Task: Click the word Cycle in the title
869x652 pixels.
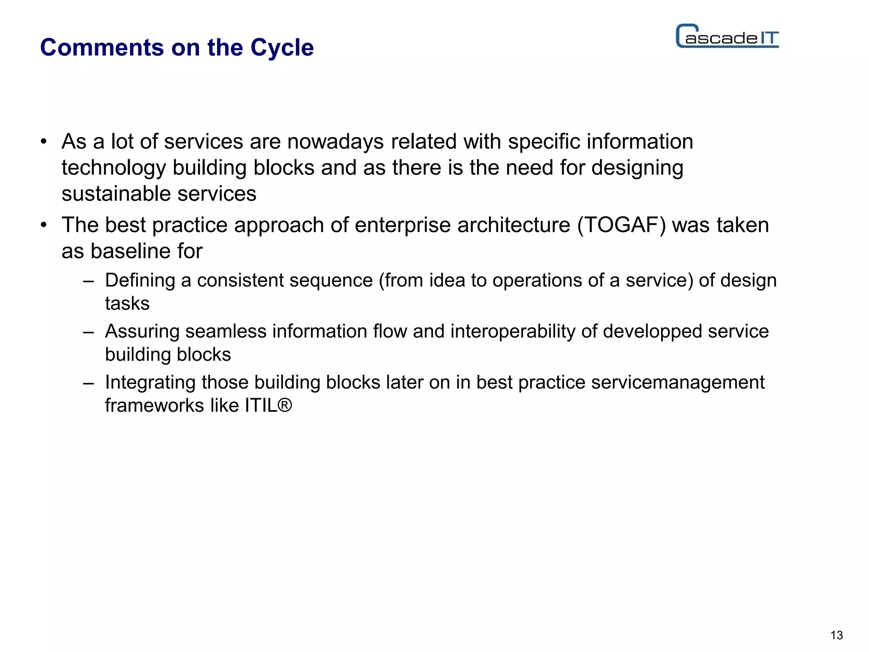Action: click(x=282, y=48)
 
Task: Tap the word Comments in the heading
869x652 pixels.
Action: click(x=102, y=48)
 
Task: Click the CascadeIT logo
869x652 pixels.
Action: click(x=727, y=37)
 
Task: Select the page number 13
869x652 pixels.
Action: click(x=836, y=635)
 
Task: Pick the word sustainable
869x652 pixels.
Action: click(x=116, y=194)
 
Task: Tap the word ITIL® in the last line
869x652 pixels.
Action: click(x=268, y=405)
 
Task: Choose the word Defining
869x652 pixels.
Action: click(x=140, y=281)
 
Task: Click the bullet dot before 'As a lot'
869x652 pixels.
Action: click(x=43, y=142)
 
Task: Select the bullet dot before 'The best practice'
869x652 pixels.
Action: click(x=43, y=225)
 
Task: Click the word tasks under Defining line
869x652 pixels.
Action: click(x=127, y=304)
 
